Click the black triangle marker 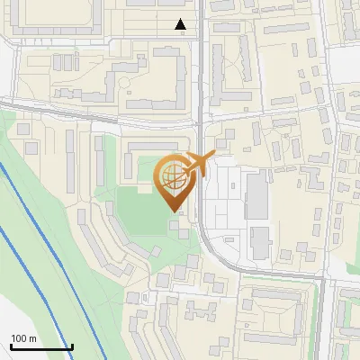(x=181, y=25)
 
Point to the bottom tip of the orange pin (x=174, y=211)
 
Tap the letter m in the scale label (x=33, y=337)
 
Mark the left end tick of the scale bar (x=10, y=346)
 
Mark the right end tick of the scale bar (x=72, y=346)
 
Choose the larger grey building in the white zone (x=256, y=197)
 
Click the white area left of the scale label (x=4, y=337)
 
